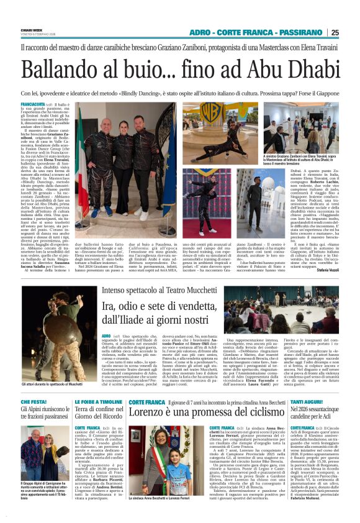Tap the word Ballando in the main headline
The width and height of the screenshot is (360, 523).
pyautogui.click(x=58, y=63)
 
